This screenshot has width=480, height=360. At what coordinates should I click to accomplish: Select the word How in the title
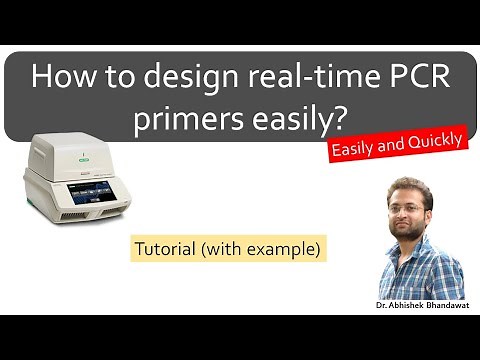61,79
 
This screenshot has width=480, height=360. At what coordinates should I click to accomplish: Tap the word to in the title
104,79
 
